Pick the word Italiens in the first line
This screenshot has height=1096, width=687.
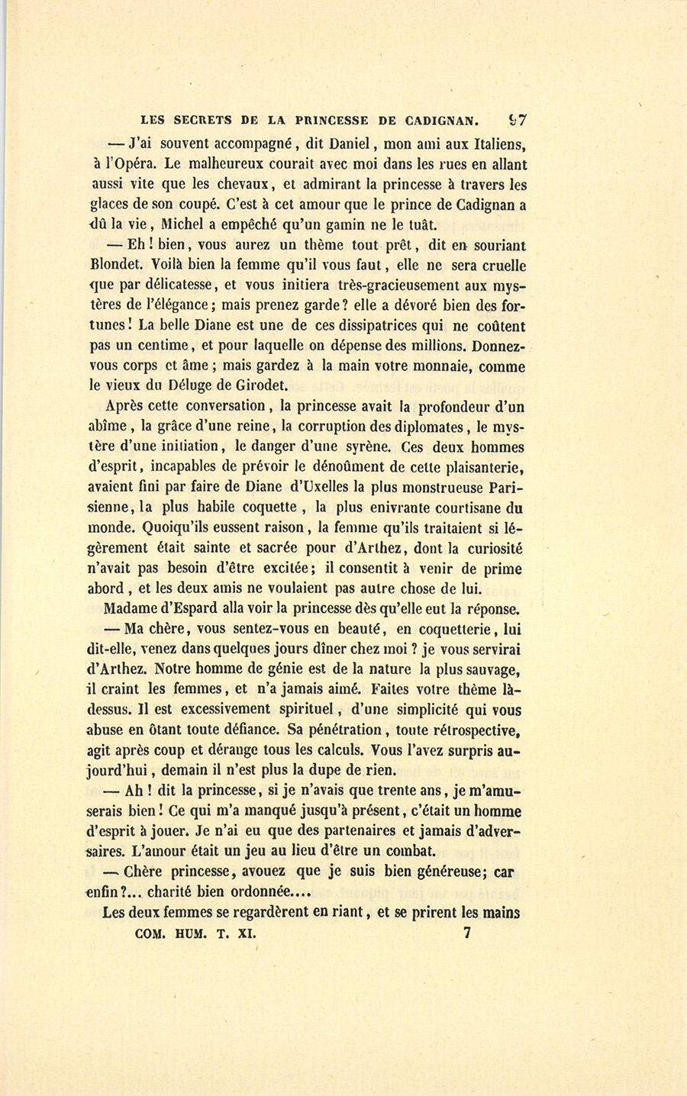pos(497,143)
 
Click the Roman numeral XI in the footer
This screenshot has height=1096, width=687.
pos(247,933)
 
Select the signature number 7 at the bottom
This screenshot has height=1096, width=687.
pos(467,932)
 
